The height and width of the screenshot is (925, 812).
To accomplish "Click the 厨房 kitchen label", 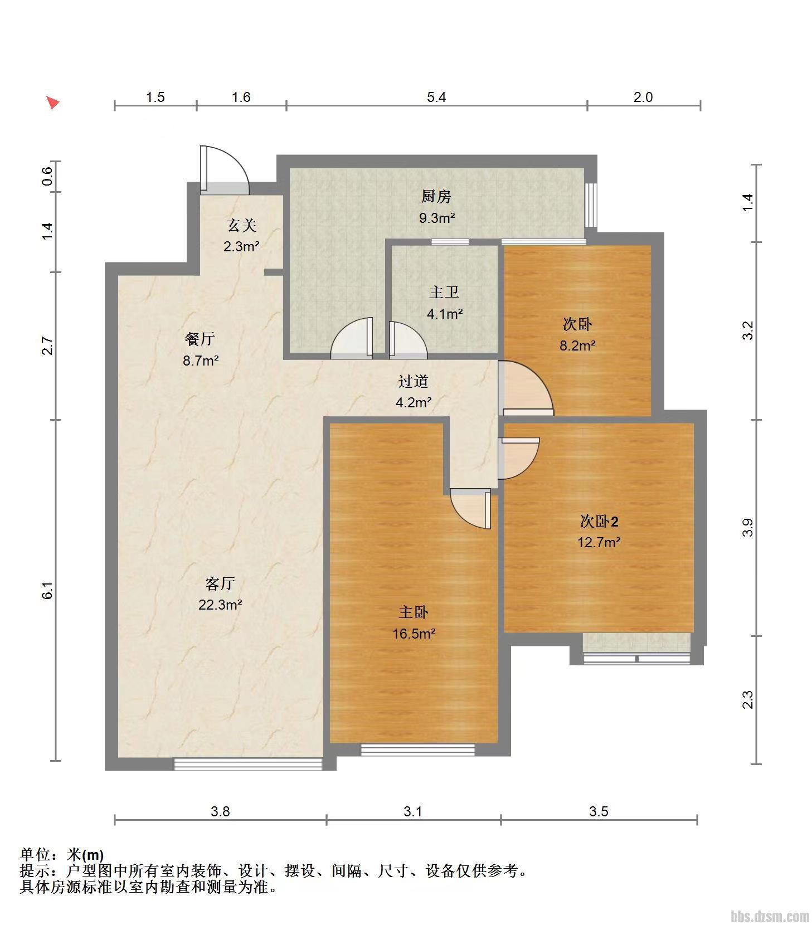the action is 436,196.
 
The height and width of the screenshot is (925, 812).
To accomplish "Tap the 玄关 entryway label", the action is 241,225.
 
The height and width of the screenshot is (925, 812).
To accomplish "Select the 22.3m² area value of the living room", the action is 220,604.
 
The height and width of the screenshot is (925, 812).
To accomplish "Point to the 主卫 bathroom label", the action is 444,292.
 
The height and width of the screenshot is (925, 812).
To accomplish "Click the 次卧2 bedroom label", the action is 599,521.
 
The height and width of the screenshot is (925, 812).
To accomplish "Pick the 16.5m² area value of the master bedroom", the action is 414,633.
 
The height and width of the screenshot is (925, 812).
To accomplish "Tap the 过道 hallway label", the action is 414,381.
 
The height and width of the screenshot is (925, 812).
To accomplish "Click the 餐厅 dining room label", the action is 200,339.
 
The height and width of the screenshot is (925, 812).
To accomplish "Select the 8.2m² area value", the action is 577,345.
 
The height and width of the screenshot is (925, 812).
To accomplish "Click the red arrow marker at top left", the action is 52,103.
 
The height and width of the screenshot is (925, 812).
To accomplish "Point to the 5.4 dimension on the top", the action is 436,97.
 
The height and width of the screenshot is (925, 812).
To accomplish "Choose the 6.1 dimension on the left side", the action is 48,590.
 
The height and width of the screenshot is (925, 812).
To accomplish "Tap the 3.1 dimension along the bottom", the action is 413,811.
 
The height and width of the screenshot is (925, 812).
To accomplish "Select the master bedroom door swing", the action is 470,509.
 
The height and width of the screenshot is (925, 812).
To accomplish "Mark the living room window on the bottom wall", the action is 249,764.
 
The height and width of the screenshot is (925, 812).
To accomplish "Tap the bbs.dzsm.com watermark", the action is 770,916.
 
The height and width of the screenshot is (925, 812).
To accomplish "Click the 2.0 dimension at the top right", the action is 643,97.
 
